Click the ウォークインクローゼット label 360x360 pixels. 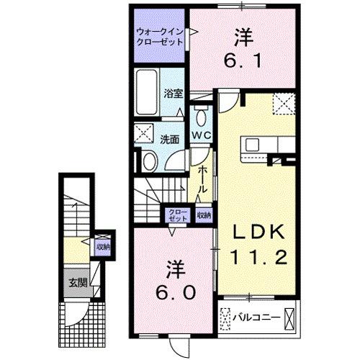[x=159, y=37]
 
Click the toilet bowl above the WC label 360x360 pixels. [x=199, y=117]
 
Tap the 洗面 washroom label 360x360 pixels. [x=170, y=138]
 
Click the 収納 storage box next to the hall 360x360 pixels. [x=204, y=214]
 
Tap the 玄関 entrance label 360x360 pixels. [x=78, y=282]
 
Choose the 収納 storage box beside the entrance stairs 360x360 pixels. [x=103, y=247]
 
